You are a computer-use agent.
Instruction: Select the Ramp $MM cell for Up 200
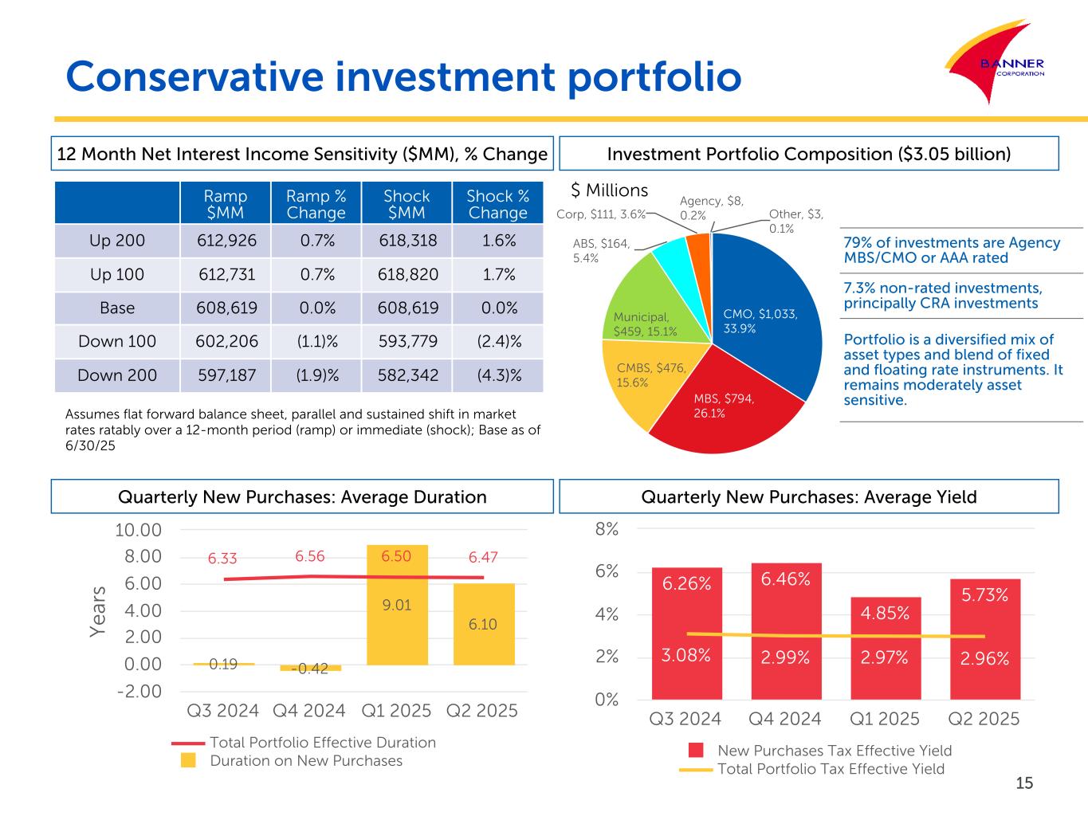tap(226, 241)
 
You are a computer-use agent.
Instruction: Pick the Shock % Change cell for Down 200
tap(498, 375)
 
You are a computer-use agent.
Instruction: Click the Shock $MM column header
tap(407, 204)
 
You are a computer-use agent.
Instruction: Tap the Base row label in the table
tap(117, 308)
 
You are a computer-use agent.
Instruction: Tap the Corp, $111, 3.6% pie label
tap(600, 214)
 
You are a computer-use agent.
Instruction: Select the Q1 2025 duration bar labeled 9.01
tap(397, 605)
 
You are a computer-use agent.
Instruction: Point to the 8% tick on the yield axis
tap(607, 529)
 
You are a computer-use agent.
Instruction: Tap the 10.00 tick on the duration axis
tap(139, 530)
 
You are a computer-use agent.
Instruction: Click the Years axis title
tap(97, 611)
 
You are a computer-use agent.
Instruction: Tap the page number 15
tap(1024, 783)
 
